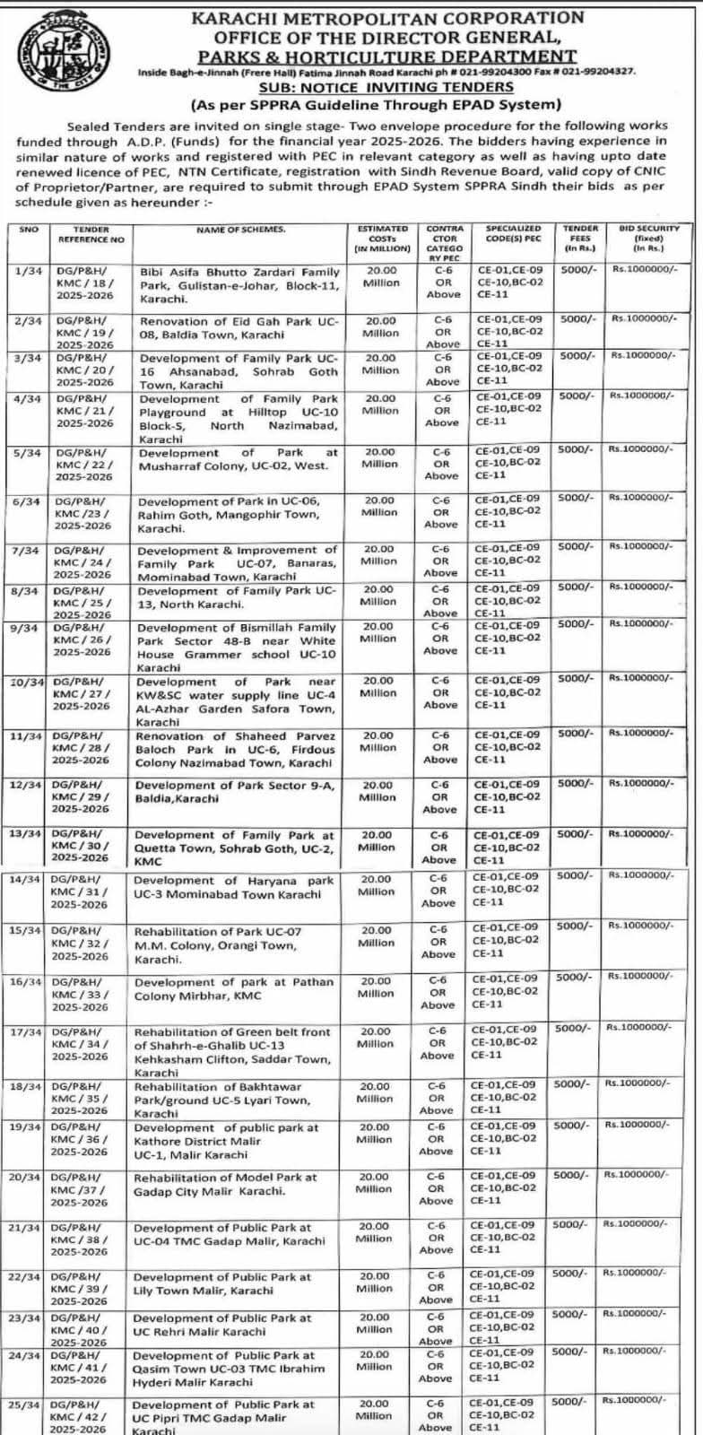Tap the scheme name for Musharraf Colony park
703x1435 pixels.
[238, 459]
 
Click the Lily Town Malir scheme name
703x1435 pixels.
[222, 1283]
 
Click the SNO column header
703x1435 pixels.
[28, 230]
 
